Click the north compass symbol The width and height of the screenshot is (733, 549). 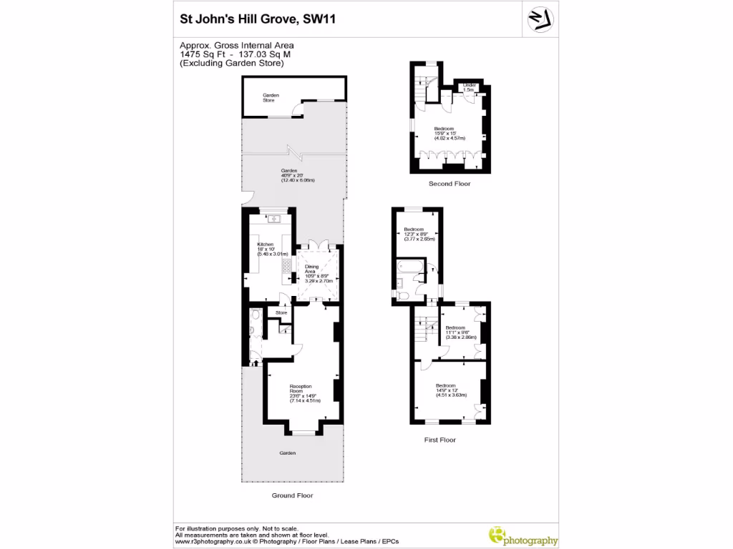click(x=542, y=18)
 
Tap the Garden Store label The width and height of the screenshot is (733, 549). click(x=270, y=97)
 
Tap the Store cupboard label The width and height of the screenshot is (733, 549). click(x=281, y=312)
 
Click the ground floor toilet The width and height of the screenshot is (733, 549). click(x=256, y=330)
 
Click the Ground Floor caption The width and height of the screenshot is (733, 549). click(x=291, y=495)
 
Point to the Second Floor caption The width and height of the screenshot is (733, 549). click(x=449, y=184)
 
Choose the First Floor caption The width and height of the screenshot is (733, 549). click(x=440, y=440)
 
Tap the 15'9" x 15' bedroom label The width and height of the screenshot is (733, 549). click(x=450, y=134)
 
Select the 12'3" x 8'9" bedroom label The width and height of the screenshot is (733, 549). click(x=414, y=234)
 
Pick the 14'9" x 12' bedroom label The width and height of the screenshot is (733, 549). click(x=452, y=390)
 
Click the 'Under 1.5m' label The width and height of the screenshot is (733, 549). click(x=469, y=88)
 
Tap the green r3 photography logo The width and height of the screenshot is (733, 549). click(x=523, y=536)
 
